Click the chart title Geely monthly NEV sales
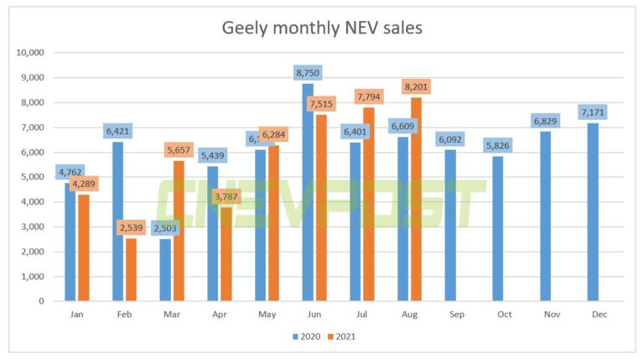pyautogui.click(x=321, y=28)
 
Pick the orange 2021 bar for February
pyautogui.click(x=130, y=269)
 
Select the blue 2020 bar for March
pyautogui.click(x=165, y=269)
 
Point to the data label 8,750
pyautogui.click(x=307, y=72)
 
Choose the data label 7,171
pyautogui.click(x=593, y=112)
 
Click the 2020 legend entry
pyautogui.click(x=306, y=336)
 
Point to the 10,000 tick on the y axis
pyautogui.click(x=29, y=53)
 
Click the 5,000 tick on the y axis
pyautogui.click(x=32, y=177)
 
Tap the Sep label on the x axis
pyautogui.click(x=450, y=313)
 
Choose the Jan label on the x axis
pyautogui.click(x=75, y=313)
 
